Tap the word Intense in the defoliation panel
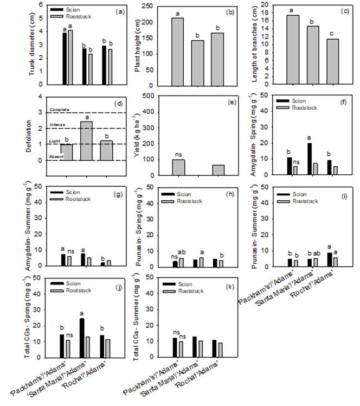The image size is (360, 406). (57, 125)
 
